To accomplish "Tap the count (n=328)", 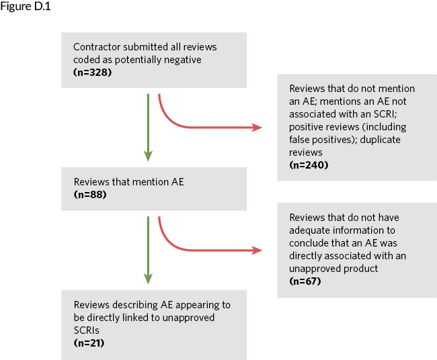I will point(92,72).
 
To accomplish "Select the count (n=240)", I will point(309,165).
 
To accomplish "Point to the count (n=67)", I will point(305,281).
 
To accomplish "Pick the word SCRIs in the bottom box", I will point(87,330).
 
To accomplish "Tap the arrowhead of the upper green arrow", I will point(148,156).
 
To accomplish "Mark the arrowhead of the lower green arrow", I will point(148,279).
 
